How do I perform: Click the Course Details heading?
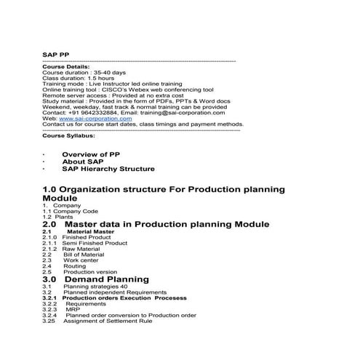point(65,67)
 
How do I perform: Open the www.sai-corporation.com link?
point(90,119)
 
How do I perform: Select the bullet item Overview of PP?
point(91,155)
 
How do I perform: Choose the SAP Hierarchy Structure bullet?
point(108,169)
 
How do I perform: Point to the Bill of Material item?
point(84,254)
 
